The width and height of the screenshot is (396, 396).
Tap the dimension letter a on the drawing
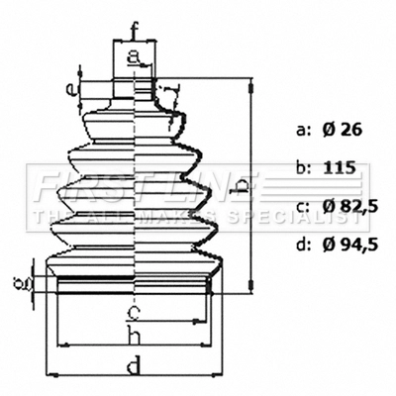134,56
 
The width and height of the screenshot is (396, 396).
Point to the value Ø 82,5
348,206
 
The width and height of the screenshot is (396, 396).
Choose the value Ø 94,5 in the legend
348,244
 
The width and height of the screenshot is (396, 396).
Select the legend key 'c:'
303,206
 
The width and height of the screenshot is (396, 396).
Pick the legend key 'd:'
303,244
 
